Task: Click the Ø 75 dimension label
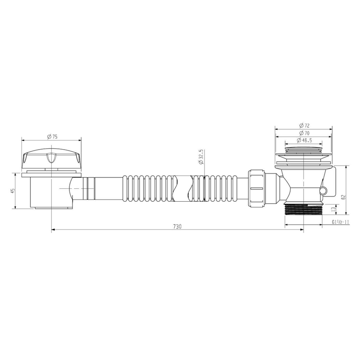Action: [52, 137]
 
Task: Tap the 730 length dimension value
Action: [177, 226]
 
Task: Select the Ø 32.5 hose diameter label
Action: [201, 157]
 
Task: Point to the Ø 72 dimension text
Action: [304, 125]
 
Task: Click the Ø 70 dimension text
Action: [304, 133]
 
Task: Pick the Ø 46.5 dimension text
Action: [304, 140]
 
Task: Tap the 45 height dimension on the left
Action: [13, 190]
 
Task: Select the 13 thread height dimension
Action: [334, 209]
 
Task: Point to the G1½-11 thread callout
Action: [340, 222]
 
